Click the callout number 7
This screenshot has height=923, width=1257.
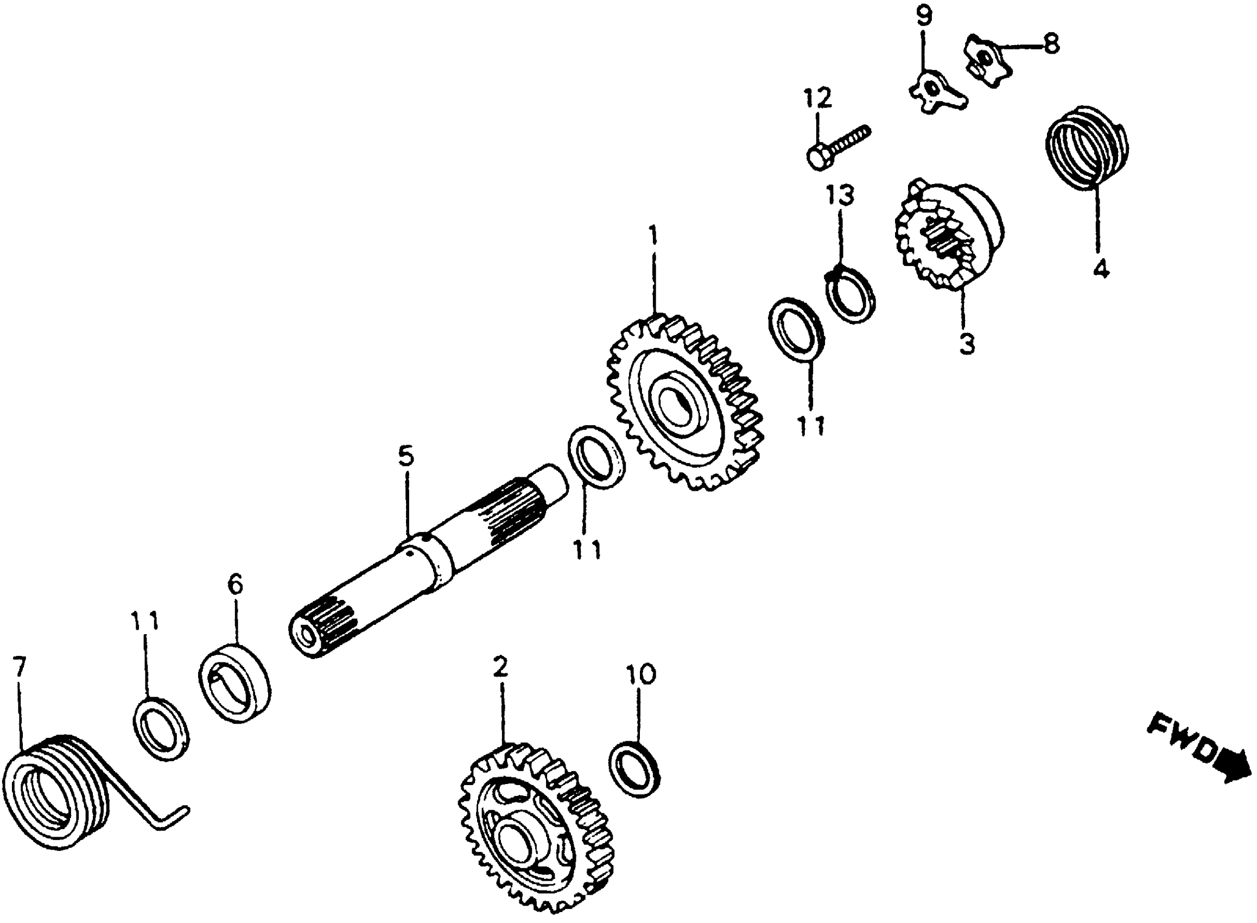19,668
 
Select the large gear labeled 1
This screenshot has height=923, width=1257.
684,402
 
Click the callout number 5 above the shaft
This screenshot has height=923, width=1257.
406,456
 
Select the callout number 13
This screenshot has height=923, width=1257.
840,195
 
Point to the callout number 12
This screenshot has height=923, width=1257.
817,98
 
